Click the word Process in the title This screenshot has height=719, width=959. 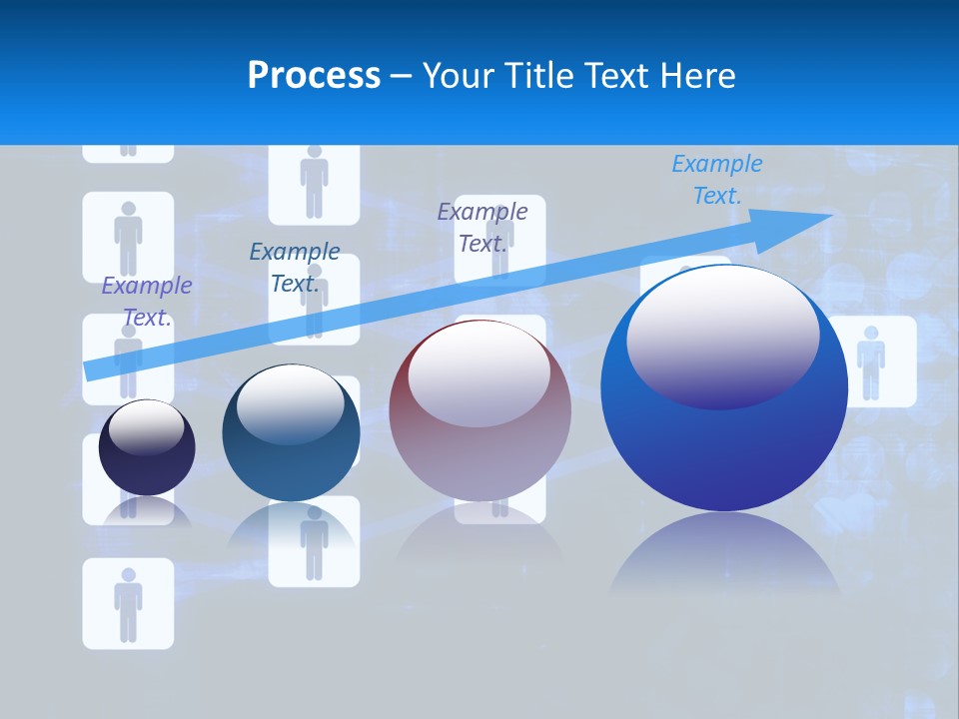coord(314,75)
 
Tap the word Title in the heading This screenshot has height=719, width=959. coord(540,75)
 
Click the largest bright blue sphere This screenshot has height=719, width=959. coord(724,439)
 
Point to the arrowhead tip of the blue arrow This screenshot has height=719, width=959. coord(831,216)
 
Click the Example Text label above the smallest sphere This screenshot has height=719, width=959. coord(147,302)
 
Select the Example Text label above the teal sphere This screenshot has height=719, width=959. coord(295,268)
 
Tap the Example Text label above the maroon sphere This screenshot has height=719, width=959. coord(482,227)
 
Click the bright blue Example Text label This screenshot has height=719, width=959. coord(717,180)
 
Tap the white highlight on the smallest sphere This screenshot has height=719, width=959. coord(146,427)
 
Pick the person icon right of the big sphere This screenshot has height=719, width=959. coord(871,361)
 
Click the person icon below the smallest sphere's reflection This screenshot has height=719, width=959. coord(128,603)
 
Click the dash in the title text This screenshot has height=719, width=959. coord(402,76)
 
